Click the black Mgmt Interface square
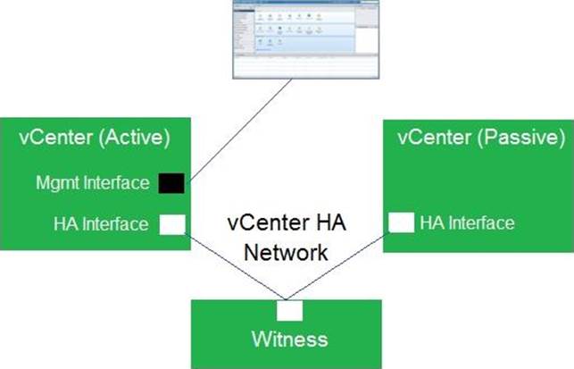pyautogui.click(x=171, y=183)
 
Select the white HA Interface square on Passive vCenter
pyautogui.click(x=402, y=222)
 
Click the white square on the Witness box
pyautogui.click(x=289, y=310)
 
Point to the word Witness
pyautogui.click(x=287, y=339)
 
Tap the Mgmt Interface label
pyautogui.click(x=93, y=183)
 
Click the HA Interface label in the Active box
pyautogui.click(x=100, y=223)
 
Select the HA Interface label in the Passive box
pyautogui.click(x=467, y=222)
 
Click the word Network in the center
pyautogui.click(x=288, y=252)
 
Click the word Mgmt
pyautogui.click(x=54, y=183)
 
